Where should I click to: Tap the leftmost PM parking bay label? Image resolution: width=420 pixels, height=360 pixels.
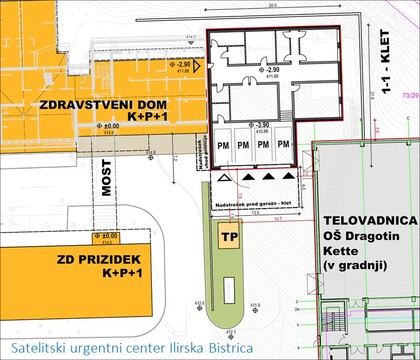pos(225,143)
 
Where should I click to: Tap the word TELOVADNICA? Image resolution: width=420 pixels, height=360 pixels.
pos(370,219)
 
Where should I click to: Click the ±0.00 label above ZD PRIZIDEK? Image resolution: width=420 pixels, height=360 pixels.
pos(104,236)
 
